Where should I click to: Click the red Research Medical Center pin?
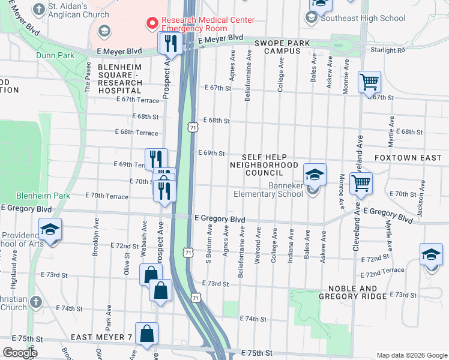pos(152,23)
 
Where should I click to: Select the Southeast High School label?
pos(363,18)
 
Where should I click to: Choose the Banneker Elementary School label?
pos(268,190)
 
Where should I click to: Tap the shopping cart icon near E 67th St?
pos(369,82)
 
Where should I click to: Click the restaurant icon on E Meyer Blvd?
pos(169,42)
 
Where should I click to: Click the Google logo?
pos(20,353)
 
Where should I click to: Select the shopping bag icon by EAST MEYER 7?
pos(146,334)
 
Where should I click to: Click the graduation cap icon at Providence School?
pos(50,229)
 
